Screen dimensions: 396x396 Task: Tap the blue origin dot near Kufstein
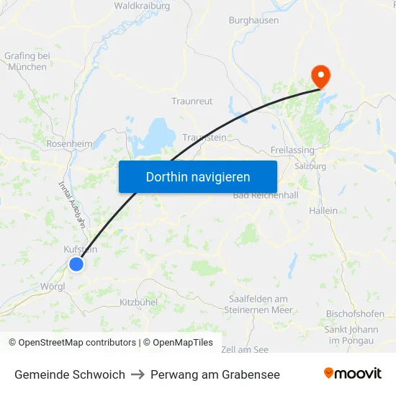point(76,264)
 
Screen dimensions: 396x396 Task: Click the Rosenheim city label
point(69,144)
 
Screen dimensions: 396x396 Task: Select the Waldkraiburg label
point(142,6)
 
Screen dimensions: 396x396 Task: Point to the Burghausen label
point(253,21)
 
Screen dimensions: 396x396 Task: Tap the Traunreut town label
point(192,102)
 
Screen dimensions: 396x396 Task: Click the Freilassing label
point(292,150)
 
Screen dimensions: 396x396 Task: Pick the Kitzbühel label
point(138,302)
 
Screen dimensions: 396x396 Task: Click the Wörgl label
point(53,286)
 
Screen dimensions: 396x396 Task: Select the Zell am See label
point(245,349)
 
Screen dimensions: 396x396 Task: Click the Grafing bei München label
point(27,61)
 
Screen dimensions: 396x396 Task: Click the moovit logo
point(353,374)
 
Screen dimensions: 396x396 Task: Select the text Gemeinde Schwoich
point(70,374)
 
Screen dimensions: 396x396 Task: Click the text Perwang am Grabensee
point(215,374)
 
